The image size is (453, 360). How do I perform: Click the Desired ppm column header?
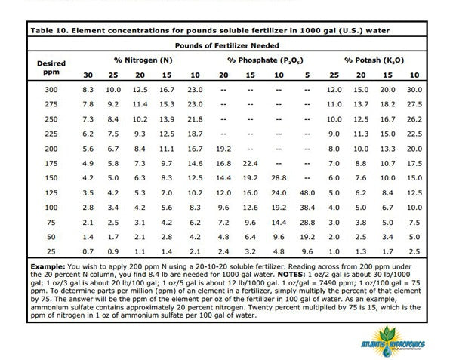pos(51,68)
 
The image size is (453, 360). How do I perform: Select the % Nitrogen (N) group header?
pos(143,60)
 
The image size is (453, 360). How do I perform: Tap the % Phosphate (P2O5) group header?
pos(265,60)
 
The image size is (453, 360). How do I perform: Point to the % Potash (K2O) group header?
pos(374,60)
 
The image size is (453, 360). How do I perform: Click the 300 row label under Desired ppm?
pos(51,90)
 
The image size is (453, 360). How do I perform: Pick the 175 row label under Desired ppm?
pos(51,164)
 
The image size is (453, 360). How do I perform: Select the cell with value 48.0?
pos(307,193)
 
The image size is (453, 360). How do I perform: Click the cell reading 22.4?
pos(250,164)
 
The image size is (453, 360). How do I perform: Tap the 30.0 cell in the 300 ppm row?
pos(414,90)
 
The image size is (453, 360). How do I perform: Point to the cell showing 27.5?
pos(414,104)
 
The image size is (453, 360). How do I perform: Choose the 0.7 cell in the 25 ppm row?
pos(88,252)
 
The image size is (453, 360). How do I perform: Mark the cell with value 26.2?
pos(414,119)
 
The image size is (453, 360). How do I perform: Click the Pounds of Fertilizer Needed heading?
pos(226,45)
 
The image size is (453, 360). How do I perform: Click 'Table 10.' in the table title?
pos(49,31)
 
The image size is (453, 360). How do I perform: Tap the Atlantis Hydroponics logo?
pos(393,342)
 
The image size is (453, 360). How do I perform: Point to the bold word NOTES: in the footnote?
pos(291,275)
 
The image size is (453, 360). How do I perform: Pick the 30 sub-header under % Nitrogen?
pos(88,75)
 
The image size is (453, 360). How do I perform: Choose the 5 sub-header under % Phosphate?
pos(307,75)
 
